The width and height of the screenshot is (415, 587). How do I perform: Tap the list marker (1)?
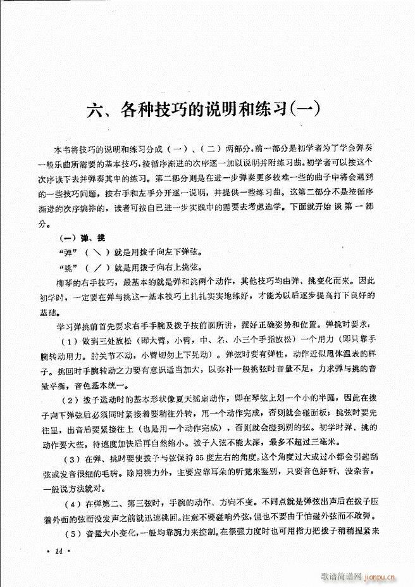pos(69,337)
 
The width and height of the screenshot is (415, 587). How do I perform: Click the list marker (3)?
pos(69,459)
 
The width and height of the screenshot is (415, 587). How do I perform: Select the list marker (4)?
pos(69,503)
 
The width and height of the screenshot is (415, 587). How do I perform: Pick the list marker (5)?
pos(69,533)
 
